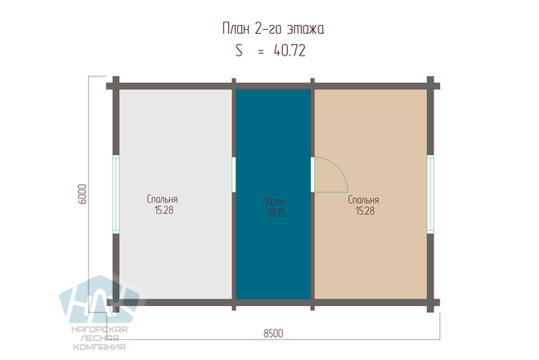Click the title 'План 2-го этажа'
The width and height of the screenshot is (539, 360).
273,28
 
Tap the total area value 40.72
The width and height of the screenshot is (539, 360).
289,51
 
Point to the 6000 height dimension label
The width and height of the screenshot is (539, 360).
83,194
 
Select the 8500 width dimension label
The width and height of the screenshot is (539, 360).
274,333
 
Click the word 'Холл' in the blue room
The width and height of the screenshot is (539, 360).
274,202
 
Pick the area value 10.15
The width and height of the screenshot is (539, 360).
276,213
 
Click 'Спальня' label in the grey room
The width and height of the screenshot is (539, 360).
163,199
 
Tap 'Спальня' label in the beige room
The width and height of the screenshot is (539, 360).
363,200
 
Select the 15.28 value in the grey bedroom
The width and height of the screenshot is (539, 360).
164,210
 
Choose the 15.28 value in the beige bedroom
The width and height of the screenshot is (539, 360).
365,211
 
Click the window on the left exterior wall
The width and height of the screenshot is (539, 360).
116,194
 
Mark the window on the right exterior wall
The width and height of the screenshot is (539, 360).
430,194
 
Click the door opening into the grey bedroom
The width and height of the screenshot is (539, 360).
234,175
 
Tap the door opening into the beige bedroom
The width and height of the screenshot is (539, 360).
313,175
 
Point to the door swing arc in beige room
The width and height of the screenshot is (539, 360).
339,167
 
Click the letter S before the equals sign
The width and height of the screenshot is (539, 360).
240,51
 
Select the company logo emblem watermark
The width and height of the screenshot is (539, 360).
100,299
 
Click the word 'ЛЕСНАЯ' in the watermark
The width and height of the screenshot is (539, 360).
100,338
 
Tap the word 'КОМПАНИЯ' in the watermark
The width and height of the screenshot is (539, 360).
100,347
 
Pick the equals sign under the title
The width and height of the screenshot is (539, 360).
261,52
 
